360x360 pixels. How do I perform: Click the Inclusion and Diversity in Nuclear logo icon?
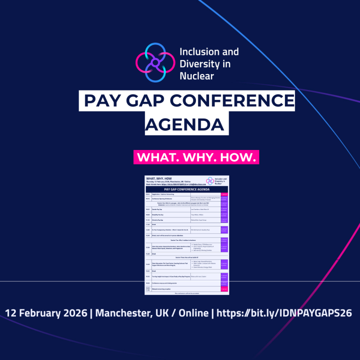coord(154,63)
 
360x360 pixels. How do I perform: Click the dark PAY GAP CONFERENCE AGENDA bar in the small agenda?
coord(187,189)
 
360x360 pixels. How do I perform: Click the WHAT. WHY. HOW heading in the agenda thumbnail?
coord(159,178)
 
